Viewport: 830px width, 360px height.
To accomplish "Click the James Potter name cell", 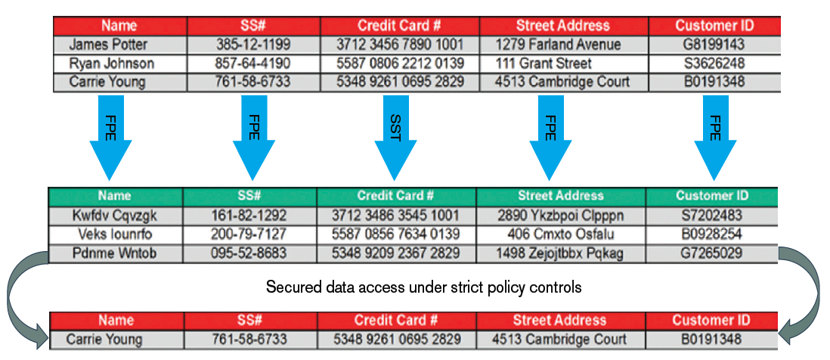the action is coord(108,44).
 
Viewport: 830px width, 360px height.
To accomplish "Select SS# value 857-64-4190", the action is coord(252,64).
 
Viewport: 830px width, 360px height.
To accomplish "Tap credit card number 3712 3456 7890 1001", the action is coord(400,44).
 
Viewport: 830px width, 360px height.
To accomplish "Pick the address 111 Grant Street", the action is coord(544,64).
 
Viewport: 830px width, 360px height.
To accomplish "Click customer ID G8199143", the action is coord(714,44).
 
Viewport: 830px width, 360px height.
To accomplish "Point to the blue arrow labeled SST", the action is coord(395,138).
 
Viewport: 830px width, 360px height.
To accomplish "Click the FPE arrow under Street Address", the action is coord(550,138).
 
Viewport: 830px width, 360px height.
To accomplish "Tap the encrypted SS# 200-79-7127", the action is coord(248,234).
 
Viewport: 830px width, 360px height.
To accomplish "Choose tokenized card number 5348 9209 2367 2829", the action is coord(396,253).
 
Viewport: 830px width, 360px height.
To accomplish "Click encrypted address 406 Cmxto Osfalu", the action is coord(560,234).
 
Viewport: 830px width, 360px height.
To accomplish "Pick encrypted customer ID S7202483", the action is coord(711,216).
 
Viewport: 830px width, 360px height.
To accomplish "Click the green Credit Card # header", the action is coord(395,195).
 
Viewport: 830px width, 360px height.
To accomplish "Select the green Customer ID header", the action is coord(712,195).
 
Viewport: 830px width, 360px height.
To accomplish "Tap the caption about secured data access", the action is coord(423,287).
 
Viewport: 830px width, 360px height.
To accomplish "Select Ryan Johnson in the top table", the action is coord(112,64).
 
